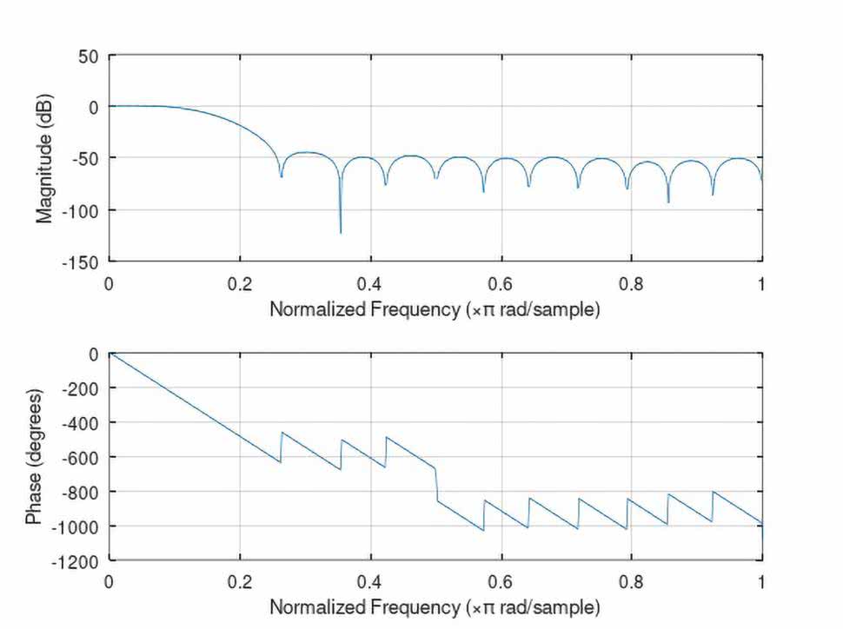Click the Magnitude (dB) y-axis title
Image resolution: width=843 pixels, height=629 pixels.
45,157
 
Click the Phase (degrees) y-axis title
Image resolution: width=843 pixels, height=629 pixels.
34,457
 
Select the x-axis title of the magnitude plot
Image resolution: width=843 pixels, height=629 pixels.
435,309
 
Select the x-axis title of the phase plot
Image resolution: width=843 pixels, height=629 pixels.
435,606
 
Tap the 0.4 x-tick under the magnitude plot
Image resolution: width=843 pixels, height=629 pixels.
371,282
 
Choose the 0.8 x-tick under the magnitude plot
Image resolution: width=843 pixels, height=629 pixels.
632,282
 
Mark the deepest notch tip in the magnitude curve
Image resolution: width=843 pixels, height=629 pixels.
341,232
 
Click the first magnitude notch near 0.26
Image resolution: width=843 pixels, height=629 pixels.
281,176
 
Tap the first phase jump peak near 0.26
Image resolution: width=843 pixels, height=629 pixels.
282,433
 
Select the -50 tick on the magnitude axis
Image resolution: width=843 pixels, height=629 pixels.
89,158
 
